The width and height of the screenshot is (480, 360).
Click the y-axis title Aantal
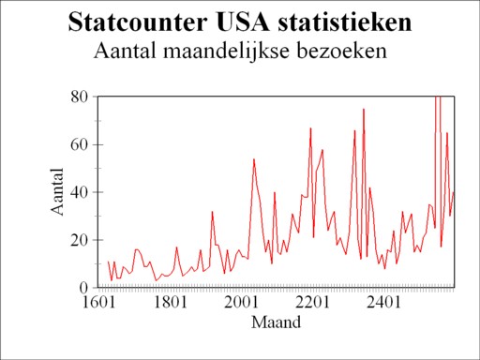[57, 191]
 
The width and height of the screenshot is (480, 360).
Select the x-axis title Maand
[277, 323]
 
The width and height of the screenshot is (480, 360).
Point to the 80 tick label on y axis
[80, 97]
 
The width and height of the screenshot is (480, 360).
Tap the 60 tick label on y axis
[80, 144]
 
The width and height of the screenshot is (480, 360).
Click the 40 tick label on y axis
[80, 192]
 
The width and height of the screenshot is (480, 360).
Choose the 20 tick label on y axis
[80, 239]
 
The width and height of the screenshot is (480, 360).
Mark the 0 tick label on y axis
[84, 287]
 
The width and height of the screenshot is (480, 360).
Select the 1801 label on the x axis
[170, 304]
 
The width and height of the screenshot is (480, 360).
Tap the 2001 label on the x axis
[241, 304]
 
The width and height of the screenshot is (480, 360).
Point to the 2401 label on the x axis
[383, 304]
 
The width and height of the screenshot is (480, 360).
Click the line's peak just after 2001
[254, 159]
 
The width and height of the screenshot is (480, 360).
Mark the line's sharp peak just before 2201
[310, 128]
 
